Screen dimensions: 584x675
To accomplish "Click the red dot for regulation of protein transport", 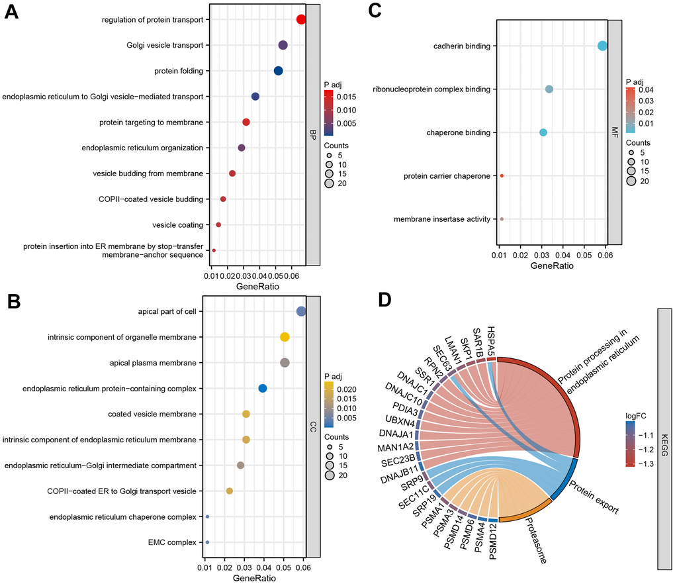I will pyautogui.click(x=301, y=20).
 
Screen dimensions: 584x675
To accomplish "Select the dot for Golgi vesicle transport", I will pyautogui.click(x=283, y=46).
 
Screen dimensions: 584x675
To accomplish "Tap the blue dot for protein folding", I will pyautogui.click(x=279, y=71).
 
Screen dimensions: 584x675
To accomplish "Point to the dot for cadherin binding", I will pyautogui.click(x=602, y=46).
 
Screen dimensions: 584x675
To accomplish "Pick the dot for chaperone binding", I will pyautogui.click(x=543, y=132).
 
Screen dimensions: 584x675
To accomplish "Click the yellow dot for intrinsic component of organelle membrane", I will pyautogui.click(x=285, y=337).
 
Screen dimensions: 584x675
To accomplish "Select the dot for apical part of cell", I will pyautogui.click(x=301, y=311).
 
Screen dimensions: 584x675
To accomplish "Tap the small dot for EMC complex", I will pyautogui.click(x=207, y=542).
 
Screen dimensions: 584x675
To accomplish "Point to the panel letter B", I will pyautogui.click(x=13, y=301).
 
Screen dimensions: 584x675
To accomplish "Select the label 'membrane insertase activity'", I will pyautogui.click(x=442, y=219).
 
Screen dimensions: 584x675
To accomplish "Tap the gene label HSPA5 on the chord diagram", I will pyautogui.click(x=490, y=340).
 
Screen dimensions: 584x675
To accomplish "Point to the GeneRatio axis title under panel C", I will pyautogui.click(x=553, y=266).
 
